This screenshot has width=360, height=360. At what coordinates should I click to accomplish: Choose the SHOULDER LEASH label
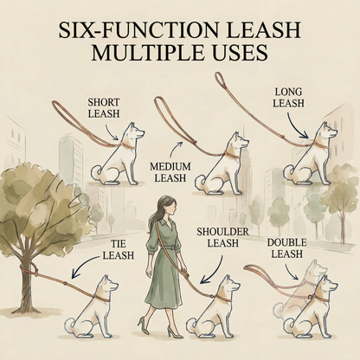pyautogui.click(x=222, y=237)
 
